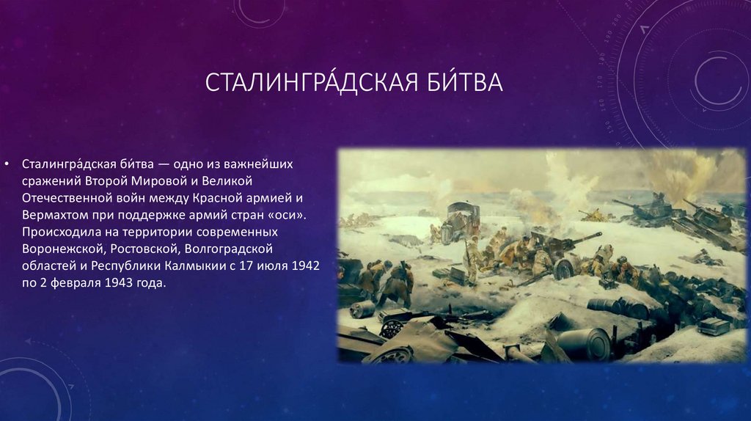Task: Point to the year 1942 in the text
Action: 305,266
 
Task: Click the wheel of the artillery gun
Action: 563,268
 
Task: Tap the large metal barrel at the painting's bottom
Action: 584,343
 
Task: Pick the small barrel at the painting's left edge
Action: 362,310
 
